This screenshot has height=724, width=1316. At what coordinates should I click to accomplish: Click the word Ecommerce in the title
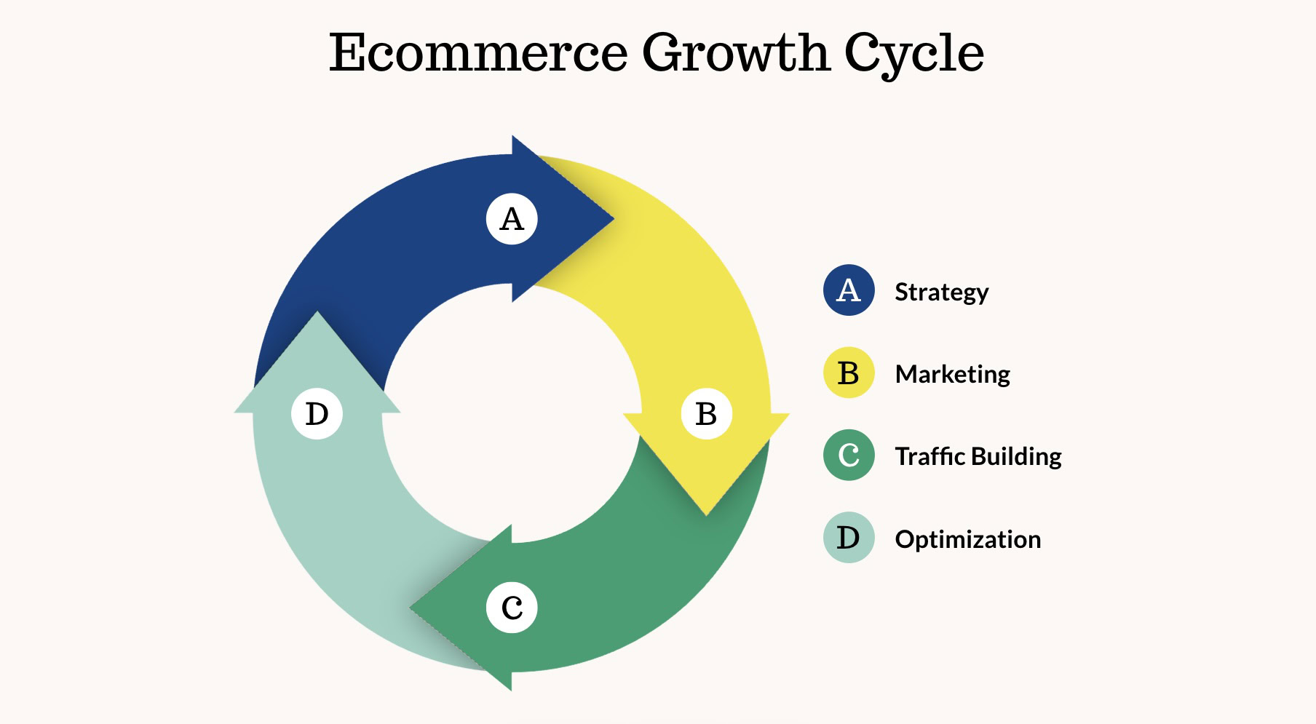click(x=478, y=53)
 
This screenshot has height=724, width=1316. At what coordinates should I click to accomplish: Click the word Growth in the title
click(x=735, y=53)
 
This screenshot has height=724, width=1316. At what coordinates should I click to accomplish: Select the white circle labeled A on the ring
click(x=512, y=219)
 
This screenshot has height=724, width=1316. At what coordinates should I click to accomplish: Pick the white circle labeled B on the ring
click(x=706, y=414)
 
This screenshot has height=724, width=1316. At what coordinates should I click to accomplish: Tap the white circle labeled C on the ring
click(x=512, y=608)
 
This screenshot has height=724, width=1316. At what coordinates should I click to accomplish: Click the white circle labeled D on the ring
click(x=317, y=414)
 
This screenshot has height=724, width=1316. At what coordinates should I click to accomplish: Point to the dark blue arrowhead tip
click(x=614, y=218)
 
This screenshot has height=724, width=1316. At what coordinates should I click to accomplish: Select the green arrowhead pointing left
click(x=466, y=608)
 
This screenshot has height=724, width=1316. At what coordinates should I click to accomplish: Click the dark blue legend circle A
click(x=849, y=290)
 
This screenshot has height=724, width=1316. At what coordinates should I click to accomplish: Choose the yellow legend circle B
click(x=849, y=373)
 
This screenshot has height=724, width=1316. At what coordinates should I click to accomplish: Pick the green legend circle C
click(x=849, y=456)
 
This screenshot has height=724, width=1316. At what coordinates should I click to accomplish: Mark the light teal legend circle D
click(x=849, y=538)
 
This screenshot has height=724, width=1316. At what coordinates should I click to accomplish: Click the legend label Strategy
click(x=942, y=293)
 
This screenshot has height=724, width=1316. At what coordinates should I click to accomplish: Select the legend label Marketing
click(x=953, y=375)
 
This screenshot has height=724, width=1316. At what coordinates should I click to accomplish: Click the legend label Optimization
click(x=968, y=540)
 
